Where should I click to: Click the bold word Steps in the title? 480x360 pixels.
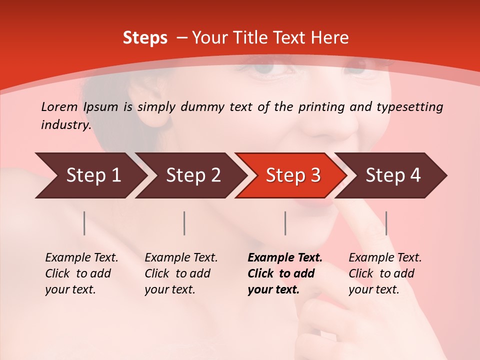click(145, 38)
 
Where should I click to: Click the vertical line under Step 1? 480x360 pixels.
click(84, 223)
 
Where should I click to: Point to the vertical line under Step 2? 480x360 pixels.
click(184, 223)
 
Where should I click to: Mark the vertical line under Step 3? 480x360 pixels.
click(285, 223)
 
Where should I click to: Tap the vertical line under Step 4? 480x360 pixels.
click(386, 223)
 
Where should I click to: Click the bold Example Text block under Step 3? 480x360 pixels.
click(284, 273)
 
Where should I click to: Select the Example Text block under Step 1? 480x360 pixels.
click(81, 273)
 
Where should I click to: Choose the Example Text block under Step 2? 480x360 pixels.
click(181, 273)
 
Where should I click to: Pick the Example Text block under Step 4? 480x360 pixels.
click(385, 273)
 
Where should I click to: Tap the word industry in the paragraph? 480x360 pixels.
click(65, 125)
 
